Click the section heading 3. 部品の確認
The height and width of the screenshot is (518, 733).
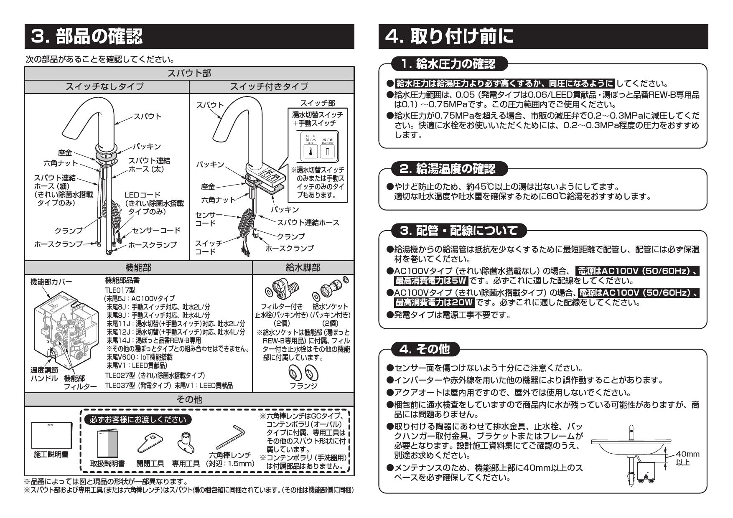coord(87,36)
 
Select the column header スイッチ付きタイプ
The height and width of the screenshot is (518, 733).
coord(270,87)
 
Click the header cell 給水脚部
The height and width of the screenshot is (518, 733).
coord(303,267)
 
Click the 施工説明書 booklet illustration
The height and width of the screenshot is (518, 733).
coord(51,435)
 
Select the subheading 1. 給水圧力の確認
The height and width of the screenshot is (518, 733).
coord(448,64)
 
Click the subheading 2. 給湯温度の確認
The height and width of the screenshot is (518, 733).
coord(448,169)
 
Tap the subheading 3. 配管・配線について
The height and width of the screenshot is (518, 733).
coord(458,230)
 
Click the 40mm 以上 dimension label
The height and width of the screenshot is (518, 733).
coord(687,458)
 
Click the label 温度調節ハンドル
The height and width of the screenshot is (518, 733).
coord(44,374)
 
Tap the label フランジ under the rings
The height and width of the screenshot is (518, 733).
coord(303,386)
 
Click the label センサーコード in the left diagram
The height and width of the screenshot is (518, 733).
coord(156,230)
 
